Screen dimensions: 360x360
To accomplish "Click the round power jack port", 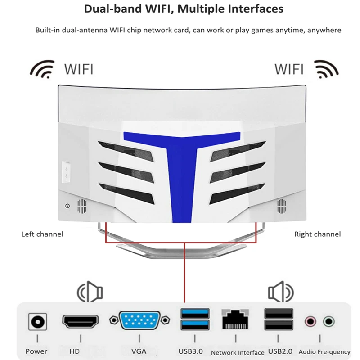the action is point(38,321).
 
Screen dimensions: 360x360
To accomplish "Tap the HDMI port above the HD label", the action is point(81,321).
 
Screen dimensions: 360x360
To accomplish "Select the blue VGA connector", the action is point(139,320).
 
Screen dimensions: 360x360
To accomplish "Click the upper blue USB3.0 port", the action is point(195,314).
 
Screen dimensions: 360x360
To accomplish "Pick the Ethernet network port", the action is point(235,319).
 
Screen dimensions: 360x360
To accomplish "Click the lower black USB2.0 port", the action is point(279,325).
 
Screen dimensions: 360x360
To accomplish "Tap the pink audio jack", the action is point(310,321).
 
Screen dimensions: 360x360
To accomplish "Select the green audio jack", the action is point(328,321).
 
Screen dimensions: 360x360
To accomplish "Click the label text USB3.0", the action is point(190,351).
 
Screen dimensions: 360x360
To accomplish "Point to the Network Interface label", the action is point(238,352).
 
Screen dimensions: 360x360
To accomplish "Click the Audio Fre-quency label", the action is point(324,352).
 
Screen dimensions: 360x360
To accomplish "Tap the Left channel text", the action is point(42,234).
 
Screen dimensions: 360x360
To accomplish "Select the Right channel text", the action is point(318,234).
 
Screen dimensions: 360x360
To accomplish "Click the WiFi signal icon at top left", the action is point(42,69).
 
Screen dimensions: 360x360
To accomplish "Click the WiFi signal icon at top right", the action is point(326,69).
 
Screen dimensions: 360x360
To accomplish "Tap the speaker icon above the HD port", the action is point(90,292).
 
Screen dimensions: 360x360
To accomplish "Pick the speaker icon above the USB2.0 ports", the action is point(281,292).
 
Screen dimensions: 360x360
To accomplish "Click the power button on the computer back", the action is point(67,206).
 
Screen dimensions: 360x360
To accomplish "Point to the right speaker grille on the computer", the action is point(282,206).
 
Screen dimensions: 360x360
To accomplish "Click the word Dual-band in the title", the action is point(112,9).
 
